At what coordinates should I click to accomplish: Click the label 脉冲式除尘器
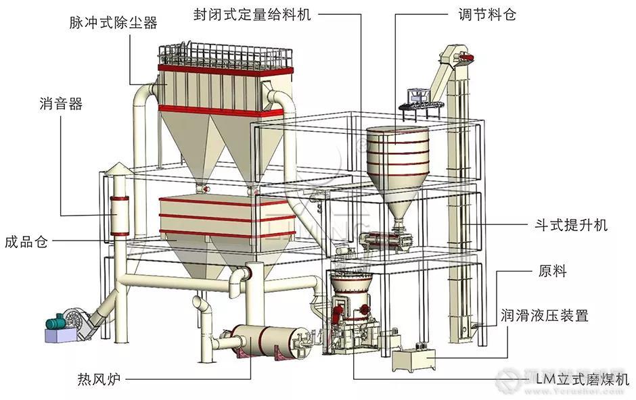coord(113,23)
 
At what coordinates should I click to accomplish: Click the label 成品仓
coord(26,241)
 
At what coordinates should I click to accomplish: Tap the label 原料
coord(553,272)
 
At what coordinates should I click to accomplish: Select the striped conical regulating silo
coord(396,159)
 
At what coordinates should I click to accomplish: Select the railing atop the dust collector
coord(223,56)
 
